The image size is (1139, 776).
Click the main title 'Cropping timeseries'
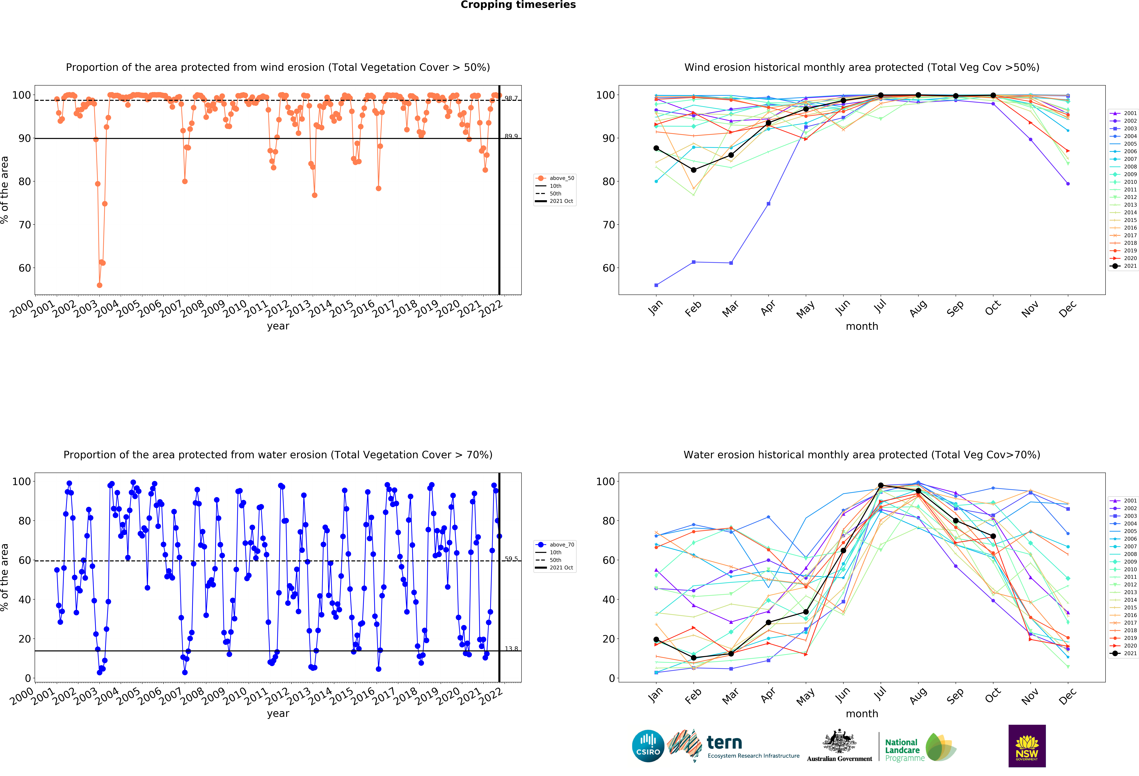click(x=518, y=5)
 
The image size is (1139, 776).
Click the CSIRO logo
click(x=648, y=746)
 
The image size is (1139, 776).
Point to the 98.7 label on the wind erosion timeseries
click(x=511, y=99)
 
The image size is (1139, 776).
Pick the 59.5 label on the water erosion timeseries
click(x=511, y=559)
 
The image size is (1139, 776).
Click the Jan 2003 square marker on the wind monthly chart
click(x=656, y=285)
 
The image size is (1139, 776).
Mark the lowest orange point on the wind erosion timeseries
click(x=100, y=285)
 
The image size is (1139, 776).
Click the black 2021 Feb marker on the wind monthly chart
click(x=694, y=170)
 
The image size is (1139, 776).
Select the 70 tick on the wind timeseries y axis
click(x=25, y=225)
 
